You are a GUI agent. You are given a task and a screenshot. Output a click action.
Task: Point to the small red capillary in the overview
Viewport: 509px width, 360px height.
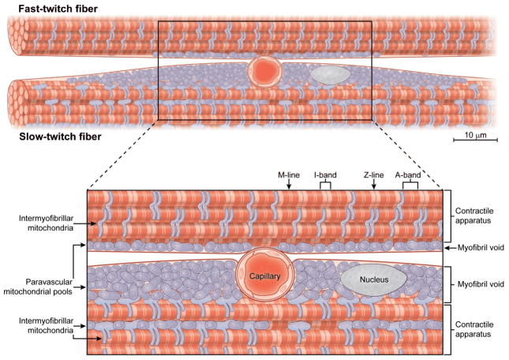point(262,71)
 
